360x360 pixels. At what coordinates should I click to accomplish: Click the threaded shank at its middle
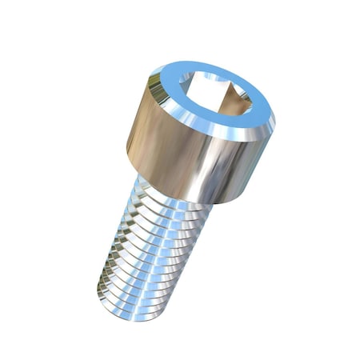152,248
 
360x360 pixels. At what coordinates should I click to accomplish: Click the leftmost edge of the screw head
126,152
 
